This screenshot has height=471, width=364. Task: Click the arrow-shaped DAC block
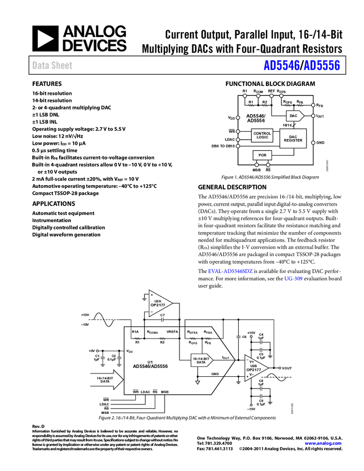point(294,116)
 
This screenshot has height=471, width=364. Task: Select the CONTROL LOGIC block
point(262,135)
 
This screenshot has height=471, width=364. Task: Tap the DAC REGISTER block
point(293,139)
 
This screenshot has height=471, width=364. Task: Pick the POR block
point(262,156)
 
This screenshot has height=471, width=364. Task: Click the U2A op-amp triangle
point(159,304)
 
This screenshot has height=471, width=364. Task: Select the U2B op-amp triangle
point(255,368)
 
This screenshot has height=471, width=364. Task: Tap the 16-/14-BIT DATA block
point(201,360)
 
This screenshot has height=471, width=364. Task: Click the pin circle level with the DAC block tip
point(313,116)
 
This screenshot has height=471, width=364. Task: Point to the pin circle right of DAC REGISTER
point(313,142)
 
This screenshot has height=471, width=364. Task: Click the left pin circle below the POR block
point(257,165)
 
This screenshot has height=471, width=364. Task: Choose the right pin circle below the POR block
point(268,165)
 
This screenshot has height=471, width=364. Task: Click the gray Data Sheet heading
point(53,65)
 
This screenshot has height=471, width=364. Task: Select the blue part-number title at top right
point(301,65)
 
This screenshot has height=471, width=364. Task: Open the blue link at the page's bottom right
point(324,443)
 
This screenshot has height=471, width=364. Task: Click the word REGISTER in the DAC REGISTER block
point(293,141)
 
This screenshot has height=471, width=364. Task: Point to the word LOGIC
point(262,137)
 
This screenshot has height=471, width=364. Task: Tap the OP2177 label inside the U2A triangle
point(158,305)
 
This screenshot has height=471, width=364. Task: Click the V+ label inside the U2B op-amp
point(251,361)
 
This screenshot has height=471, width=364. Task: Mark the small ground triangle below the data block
point(197,382)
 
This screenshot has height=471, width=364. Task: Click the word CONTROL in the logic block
point(262,134)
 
